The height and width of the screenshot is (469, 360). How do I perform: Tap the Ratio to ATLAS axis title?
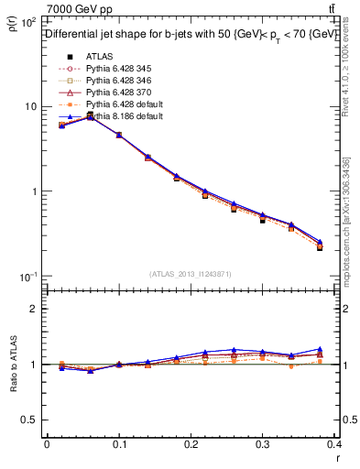pyautogui.click(x=12, y=364)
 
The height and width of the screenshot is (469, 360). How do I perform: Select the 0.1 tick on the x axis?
pyautogui.click(x=119, y=445)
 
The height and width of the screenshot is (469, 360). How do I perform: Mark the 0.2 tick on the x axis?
pyautogui.click(x=191, y=445)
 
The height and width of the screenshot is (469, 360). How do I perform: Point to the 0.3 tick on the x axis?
pyautogui.click(x=264, y=445)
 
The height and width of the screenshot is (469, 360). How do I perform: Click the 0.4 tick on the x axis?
pyautogui.click(x=335, y=445)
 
